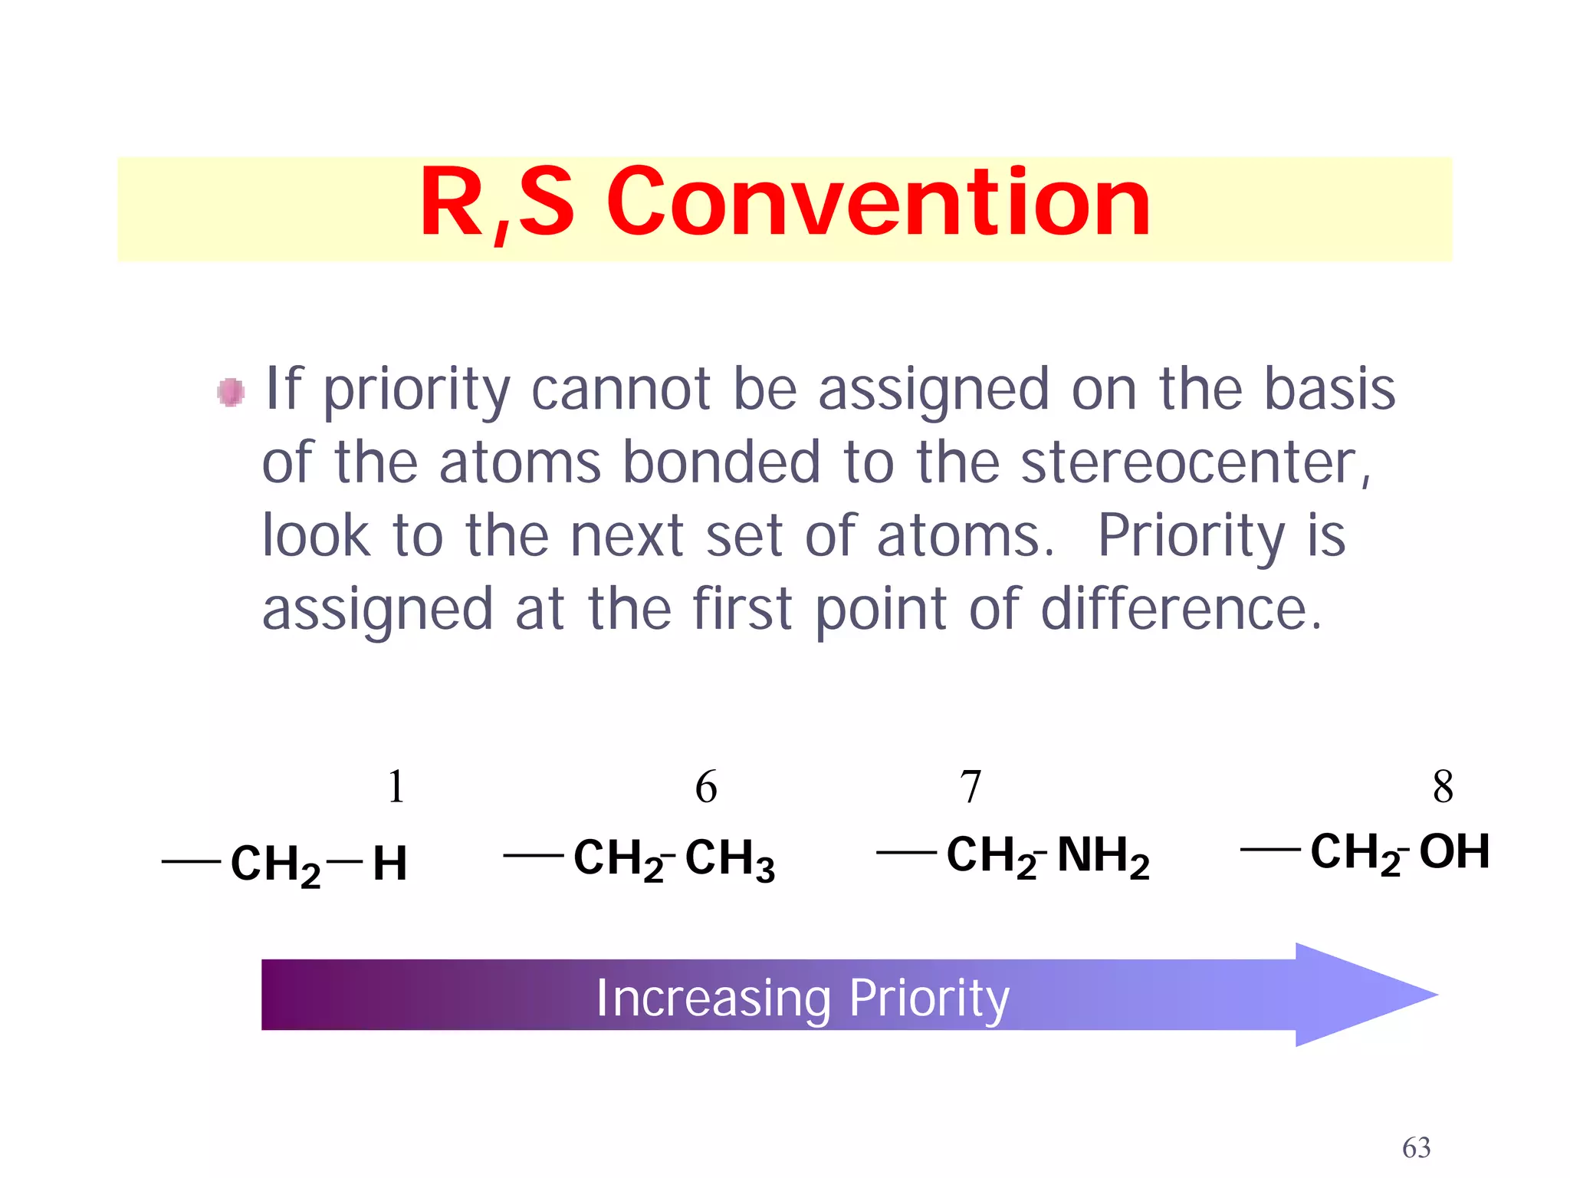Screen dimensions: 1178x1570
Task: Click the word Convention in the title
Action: pyautogui.click(x=879, y=203)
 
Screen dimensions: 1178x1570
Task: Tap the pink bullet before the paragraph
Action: pyautogui.click(x=231, y=392)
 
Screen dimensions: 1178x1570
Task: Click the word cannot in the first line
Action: pyautogui.click(x=620, y=389)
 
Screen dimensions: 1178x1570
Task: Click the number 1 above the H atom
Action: pyautogui.click(x=396, y=787)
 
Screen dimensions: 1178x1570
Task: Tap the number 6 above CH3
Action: pyautogui.click(x=706, y=787)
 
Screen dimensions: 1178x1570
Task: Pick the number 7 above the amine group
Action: pyautogui.click(x=971, y=787)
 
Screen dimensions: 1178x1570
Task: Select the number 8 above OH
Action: pyautogui.click(x=1443, y=787)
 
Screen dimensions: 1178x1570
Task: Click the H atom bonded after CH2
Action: pyautogui.click(x=389, y=864)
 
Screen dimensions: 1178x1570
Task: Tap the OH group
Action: pyautogui.click(x=1454, y=851)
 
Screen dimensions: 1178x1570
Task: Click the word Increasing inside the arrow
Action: pyautogui.click(x=713, y=999)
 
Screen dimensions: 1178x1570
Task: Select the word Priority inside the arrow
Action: pyautogui.click(x=929, y=999)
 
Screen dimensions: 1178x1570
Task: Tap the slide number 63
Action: pyautogui.click(x=1416, y=1147)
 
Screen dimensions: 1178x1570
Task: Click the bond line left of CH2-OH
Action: pyautogui.click(x=1269, y=849)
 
